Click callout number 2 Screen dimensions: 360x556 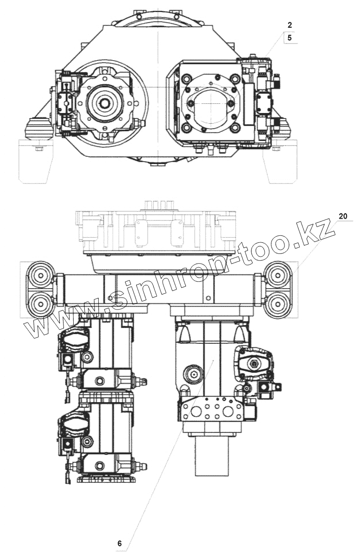(x=290, y=25)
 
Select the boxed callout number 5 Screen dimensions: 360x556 (x=290, y=38)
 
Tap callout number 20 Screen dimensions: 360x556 (x=343, y=216)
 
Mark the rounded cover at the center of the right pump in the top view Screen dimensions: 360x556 (x=210, y=106)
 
